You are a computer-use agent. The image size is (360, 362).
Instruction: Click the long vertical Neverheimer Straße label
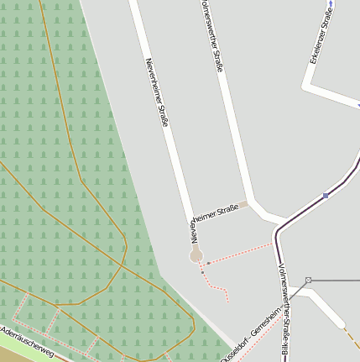pyautogui.click(x=157, y=92)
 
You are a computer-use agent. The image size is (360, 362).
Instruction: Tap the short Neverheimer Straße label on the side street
pyautogui.click(x=214, y=214)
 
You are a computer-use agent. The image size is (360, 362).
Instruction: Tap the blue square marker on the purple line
pyautogui.click(x=326, y=196)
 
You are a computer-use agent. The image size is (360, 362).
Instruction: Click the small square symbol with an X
pyautogui.click(x=309, y=280)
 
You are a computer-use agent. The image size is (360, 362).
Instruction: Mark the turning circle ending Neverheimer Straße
pyautogui.click(x=196, y=254)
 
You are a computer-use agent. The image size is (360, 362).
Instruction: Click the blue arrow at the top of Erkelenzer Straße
pyautogui.click(x=333, y=5)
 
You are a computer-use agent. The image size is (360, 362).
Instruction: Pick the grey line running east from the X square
pyautogui.click(x=336, y=280)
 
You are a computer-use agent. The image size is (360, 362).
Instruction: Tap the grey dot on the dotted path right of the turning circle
pyautogui.click(x=208, y=263)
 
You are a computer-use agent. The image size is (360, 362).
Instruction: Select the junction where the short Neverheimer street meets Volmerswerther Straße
pyautogui.click(x=245, y=203)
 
